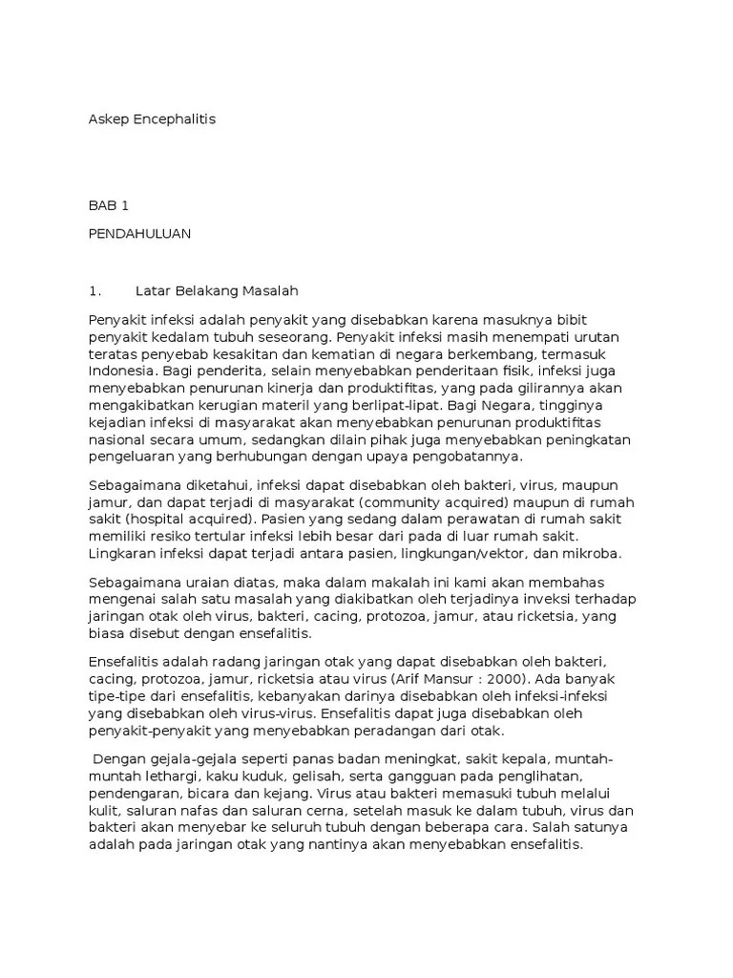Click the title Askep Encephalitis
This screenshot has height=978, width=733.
point(152,119)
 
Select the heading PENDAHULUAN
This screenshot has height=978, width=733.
point(139,233)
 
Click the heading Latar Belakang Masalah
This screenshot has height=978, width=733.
point(218,290)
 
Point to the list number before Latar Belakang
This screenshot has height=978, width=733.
point(94,290)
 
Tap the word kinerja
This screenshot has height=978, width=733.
point(288,387)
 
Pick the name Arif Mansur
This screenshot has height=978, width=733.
point(432,679)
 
